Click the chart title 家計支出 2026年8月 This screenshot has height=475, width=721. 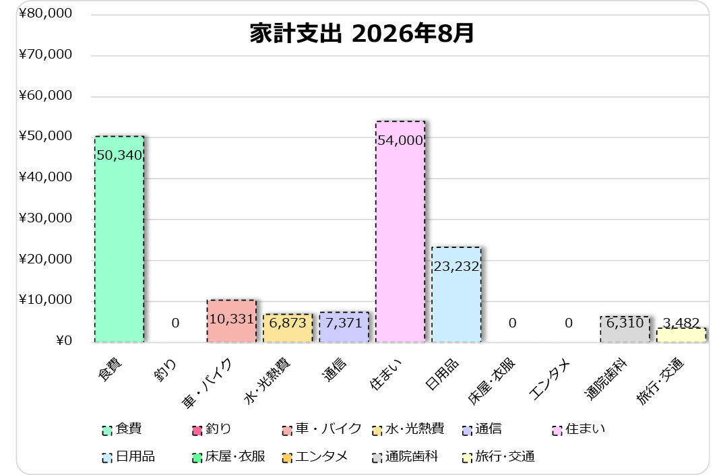click(x=361, y=34)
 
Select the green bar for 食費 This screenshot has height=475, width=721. click(x=119, y=239)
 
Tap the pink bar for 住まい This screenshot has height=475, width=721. click(x=400, y=232)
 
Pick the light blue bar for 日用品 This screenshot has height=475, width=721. click(x=457, y=294)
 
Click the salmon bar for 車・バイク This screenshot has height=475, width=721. click(x=232, y=321)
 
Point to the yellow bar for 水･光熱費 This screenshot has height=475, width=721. click(x=288, y=328)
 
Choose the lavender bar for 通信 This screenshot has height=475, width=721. click(x=344, y=327)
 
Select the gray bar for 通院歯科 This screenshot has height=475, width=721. click(x=625, y=329)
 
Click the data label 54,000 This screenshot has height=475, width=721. click(x=400, y=140)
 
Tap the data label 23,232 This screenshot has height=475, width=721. click(x=457, y=266)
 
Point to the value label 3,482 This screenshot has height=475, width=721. click(x=681, y=323)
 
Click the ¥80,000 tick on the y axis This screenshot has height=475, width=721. click(x=46, y=13)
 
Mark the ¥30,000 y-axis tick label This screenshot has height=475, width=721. click(x=46, y=218)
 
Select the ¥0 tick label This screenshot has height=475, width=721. click(x=64, y=341)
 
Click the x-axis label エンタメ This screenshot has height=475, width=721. click(x=549, y=380)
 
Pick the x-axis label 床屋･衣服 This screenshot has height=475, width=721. click(x=491, y=381)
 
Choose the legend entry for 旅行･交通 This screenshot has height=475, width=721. click(x=499, y=457)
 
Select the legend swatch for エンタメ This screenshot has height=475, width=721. click(x=287, y=458)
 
